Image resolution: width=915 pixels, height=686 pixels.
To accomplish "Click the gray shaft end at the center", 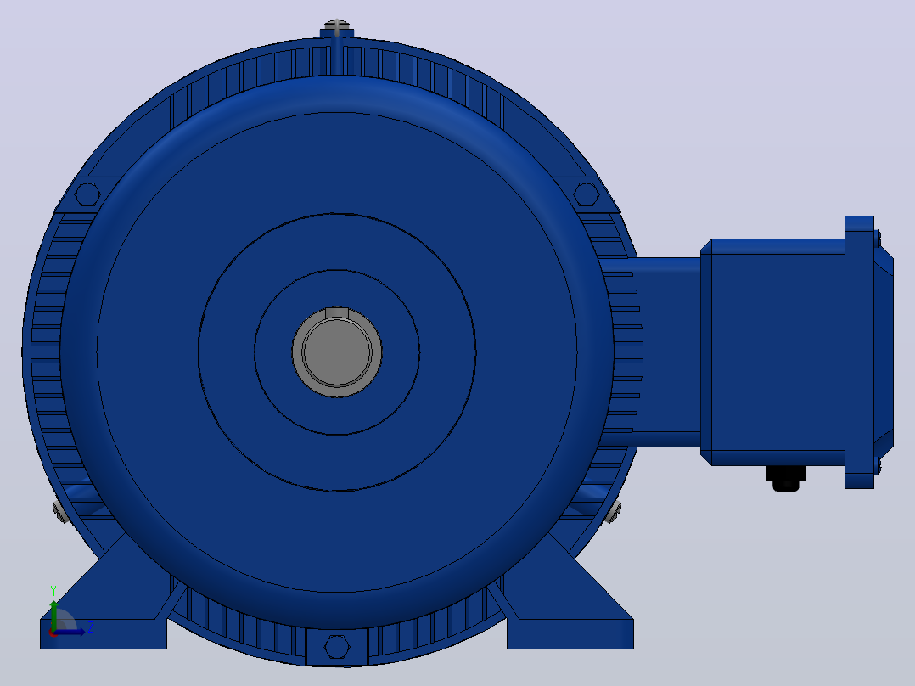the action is [337, 352].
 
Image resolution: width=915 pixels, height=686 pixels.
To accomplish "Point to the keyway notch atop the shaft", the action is [337, 313].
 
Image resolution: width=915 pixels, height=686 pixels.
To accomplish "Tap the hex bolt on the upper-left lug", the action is [87, 194].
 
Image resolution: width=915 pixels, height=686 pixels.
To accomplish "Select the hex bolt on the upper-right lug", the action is [587, 194].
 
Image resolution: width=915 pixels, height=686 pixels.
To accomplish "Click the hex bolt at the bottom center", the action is [337, 647].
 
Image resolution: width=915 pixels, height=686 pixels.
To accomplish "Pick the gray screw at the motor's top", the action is [337, 25].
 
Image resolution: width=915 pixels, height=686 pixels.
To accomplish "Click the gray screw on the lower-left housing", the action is [60, 511].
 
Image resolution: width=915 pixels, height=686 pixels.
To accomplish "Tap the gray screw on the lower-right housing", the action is [613, 511].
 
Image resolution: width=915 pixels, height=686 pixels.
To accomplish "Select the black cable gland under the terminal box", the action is [785, 478].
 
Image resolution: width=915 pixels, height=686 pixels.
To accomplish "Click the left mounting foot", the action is [105, 607].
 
